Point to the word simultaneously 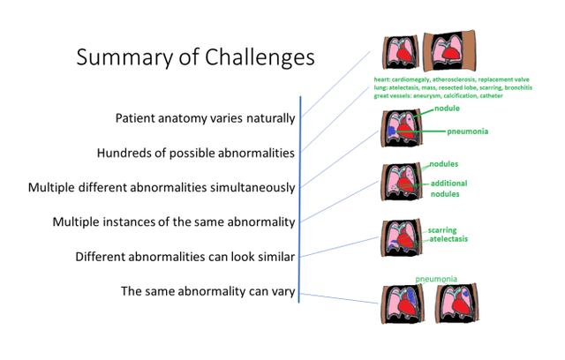(x=248, y=187)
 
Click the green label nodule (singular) (x=448, y=109)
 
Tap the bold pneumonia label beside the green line (x=468, y=131)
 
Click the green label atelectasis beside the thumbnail (x=448, y=239)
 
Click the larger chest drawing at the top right (x=450, y=52)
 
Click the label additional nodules (x=448, y=188)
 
